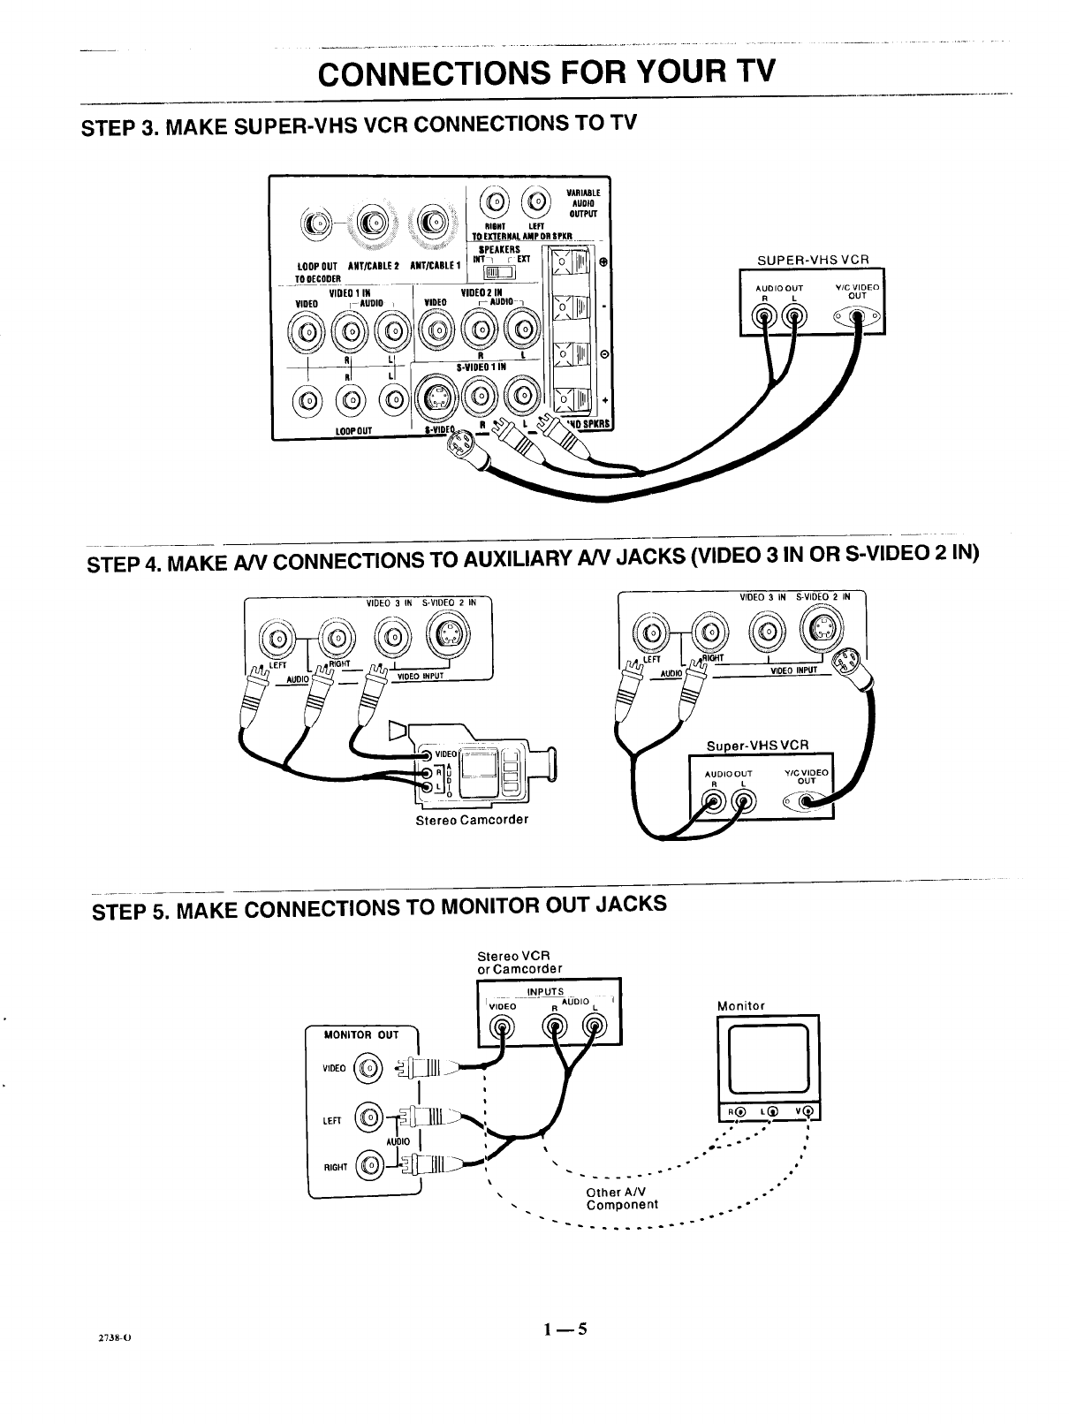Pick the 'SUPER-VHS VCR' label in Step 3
click(813, 260)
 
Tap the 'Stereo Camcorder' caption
click(472, 819)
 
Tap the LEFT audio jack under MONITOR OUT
click(368, 1120)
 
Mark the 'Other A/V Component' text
click(622, 1199)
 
